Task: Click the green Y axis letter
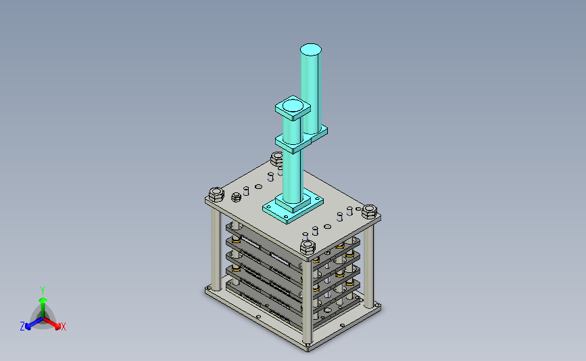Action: click(x=43, y=291)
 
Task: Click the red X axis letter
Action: click(x=63, y=326)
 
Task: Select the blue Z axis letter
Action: click(x=22, y=326)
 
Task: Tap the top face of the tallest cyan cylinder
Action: click(x=310, y=49)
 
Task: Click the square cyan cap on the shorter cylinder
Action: click(x=293, y=108)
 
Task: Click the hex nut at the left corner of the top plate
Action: click(x=216, y=194)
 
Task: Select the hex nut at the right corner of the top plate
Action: click(x=369, y=211)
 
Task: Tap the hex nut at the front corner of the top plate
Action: click(x=308, y=247)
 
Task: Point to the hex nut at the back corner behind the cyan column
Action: click(x=276, y=159)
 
